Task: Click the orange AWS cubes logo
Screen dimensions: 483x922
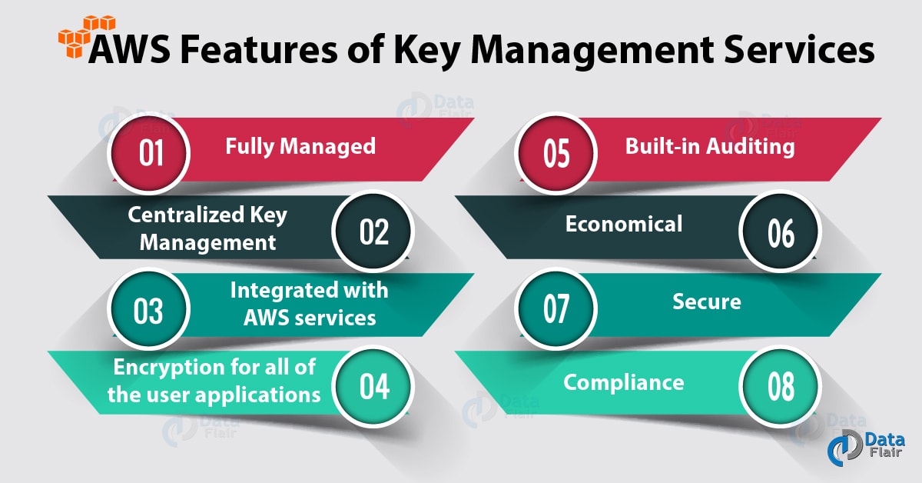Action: click(77, 35)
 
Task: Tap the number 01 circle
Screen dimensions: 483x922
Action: click(151, 152)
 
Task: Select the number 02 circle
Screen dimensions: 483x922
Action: click(373, 231)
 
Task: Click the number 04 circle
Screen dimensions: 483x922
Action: click(373, 387)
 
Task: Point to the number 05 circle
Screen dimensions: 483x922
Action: click(556, 152)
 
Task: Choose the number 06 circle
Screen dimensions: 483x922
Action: click(780, 231)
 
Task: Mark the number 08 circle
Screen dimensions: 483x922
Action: click(780, 387)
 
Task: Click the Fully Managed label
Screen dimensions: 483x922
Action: click(300, 145)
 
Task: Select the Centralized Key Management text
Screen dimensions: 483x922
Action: click(207, 228)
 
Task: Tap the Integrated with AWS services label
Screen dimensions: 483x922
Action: click(309, 303)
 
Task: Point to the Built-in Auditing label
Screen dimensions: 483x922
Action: click(709, 145)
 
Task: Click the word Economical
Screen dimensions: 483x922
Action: click(624, 224)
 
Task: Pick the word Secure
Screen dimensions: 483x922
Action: click(707, 301)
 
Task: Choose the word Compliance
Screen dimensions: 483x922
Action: click(624, 381)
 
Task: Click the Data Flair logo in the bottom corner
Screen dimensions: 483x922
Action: click(866, 451)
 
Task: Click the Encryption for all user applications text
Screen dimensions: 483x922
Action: click(213, 381)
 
